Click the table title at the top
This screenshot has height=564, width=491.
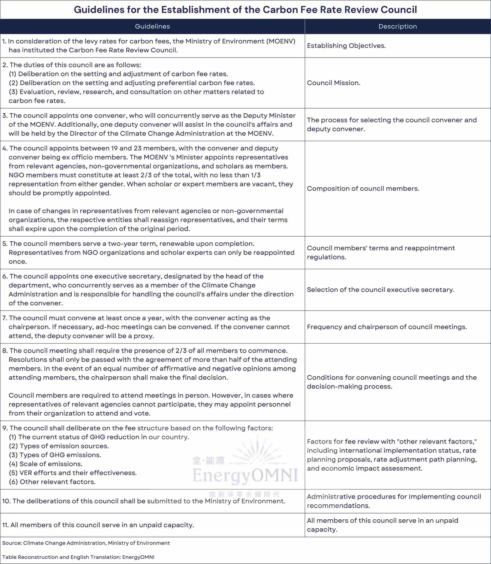click(x=245, y=10)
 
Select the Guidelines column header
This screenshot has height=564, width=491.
click(x=152, y=26)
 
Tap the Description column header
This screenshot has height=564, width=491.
click(x=398, y=26)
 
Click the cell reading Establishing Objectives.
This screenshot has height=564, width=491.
click(x=346, y=46)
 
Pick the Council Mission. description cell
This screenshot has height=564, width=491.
click(x=334, y=83)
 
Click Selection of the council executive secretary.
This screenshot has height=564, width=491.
click(x=380, y=289)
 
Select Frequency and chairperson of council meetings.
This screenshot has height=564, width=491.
click(x=387, y=327)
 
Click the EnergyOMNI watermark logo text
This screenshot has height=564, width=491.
click(x=245, y=475)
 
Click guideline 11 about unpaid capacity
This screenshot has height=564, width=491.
click(x=98, y=525)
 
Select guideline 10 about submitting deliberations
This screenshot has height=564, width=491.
click(x=144, y=501)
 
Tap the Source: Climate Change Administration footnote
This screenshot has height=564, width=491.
click(x=86, y=543)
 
